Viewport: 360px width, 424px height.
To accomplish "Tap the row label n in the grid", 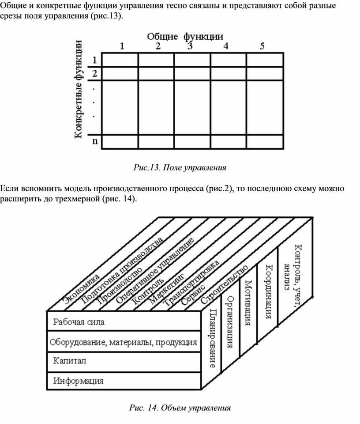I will [95, 141].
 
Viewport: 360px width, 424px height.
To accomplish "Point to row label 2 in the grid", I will [95, 73].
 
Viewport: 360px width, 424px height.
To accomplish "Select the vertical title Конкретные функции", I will [79, 90].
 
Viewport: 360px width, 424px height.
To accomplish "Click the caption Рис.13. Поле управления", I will [180, 167].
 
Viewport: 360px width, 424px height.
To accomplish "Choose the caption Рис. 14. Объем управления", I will [180, 407].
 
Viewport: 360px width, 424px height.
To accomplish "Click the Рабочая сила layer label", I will [79, 322].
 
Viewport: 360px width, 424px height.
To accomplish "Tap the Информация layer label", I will [79, 380].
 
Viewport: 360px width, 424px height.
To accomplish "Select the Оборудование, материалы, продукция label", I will [123, 342].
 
